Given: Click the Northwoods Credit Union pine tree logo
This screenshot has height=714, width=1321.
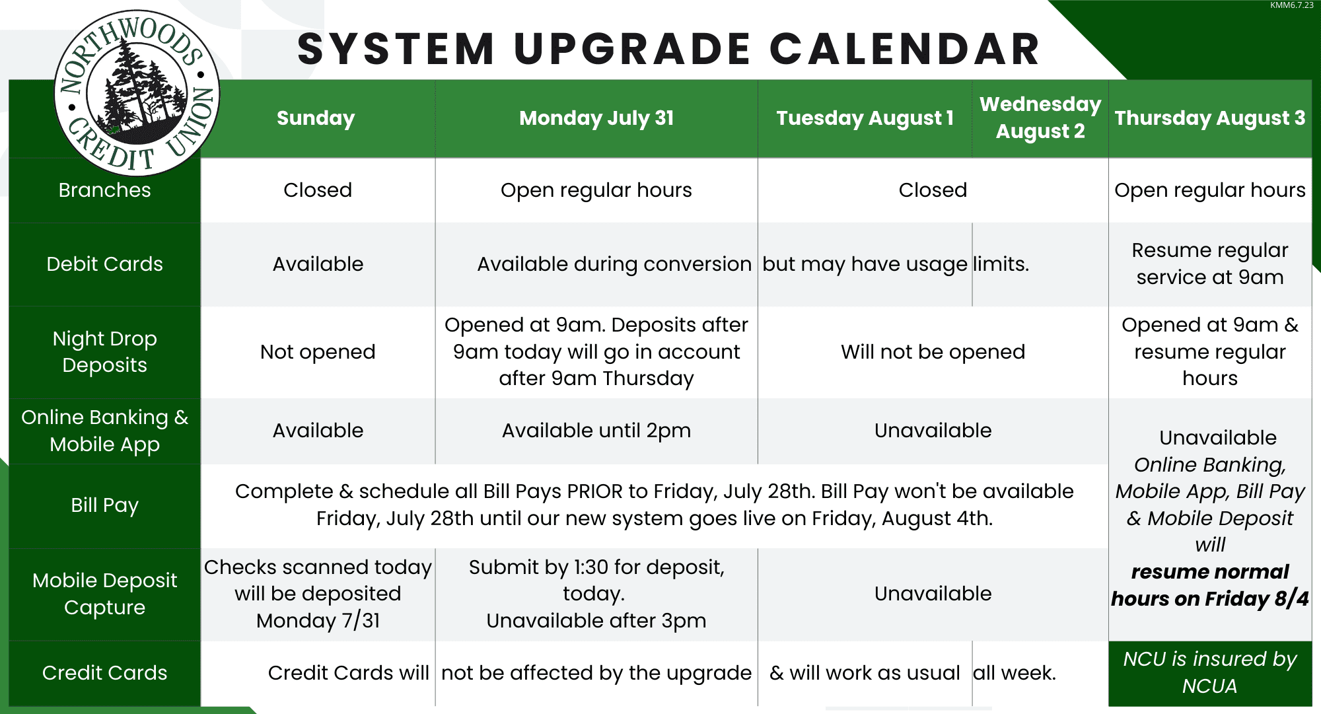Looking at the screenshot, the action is point(137,93).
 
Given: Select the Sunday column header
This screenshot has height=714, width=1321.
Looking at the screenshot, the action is point(316,118).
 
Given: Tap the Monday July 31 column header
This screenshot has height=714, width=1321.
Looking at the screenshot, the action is point(596,118).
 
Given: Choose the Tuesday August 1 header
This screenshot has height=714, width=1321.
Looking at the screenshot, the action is point(865,118).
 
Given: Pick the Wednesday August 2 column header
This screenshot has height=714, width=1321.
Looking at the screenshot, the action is point(1040,118).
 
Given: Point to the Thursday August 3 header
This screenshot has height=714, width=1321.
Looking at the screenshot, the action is point(1210,118).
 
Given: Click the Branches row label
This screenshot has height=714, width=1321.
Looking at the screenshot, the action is point(104,190).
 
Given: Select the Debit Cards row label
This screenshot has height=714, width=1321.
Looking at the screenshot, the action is point(104,264).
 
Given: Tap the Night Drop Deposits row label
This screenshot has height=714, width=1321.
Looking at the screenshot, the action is point(104,352).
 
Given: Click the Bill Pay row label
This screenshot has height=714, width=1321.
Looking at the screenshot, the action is point(104,505).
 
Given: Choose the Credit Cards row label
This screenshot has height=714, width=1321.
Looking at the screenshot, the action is point(104,673).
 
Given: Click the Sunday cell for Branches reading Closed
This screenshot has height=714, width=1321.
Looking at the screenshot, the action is point(318,190).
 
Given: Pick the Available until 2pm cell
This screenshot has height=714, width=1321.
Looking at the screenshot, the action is point(596,431).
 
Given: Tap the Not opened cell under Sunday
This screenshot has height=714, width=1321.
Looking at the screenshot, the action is point(318,352).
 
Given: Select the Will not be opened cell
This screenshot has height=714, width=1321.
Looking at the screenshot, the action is point(933,352).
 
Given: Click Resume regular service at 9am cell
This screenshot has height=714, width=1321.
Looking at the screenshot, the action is point(1210,264).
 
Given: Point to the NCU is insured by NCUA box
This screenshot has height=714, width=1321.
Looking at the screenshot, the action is point(1210,673).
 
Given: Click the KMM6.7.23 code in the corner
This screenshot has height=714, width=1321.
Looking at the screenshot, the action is point(1292,5).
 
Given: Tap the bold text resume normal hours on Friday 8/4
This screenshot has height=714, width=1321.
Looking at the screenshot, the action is point(1210,585).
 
